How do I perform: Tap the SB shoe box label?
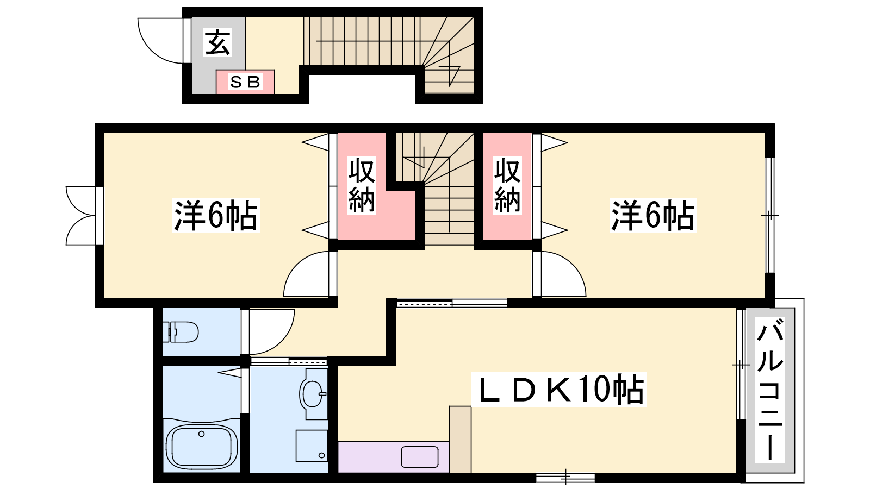coord(245,82)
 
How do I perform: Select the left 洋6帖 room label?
coord(215,215)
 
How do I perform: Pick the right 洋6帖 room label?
coord(653,215)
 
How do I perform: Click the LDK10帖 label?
coord(558,389)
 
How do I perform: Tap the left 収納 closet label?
coord(362,185)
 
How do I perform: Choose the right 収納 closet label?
coord(507,185)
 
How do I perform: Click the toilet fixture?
coord(181,332)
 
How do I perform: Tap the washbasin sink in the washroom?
coord(313,394)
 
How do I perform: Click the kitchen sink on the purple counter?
coord(420,457)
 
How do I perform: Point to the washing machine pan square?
coord(312,446)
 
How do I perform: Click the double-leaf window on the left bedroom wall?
coord(81,216)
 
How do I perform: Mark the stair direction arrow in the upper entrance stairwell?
coord(451,76)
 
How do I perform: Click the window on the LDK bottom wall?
coord(565,478)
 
